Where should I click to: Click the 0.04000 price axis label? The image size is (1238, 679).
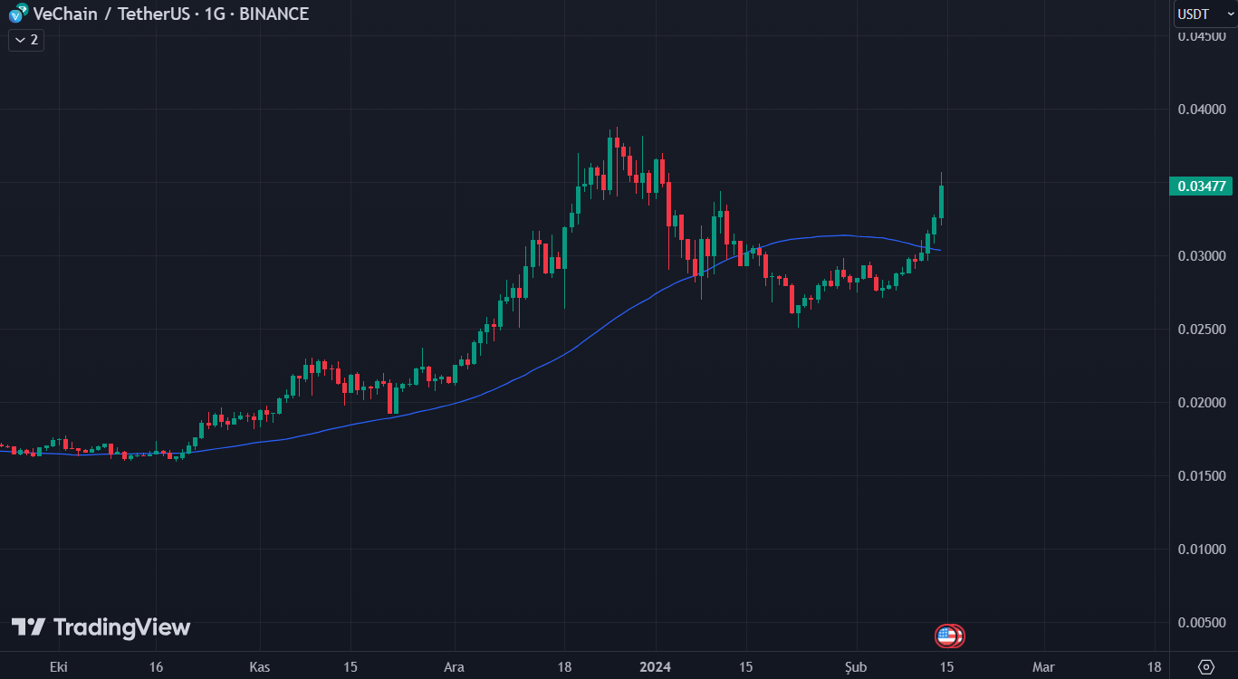[x=1202, y=110]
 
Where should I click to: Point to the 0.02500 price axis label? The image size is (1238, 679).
[x=1202, y=329]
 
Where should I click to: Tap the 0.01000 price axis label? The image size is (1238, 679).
[x=1202, y=549]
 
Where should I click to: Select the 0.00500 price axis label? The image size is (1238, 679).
[x=1202, y=622]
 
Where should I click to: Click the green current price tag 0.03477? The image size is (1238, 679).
[x=1202, y=186]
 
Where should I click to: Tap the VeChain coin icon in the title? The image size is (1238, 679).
[x=17, y=14]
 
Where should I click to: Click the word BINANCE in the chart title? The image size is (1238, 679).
[x=274, y=14]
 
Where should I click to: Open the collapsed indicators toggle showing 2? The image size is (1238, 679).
[x=26, y=40]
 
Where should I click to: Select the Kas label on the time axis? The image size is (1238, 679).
[x=259, y=667]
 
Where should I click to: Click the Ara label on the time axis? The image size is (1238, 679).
[x=454, y=667]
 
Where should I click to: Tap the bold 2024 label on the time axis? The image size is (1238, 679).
[x=655, y=667]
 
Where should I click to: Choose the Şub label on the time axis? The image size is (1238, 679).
[x=857, y=667]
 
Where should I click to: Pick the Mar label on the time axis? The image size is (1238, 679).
[x=1043, y=667]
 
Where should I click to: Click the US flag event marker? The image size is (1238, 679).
[x=947, y=636]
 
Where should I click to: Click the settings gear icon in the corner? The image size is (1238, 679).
[x=1205, y=667]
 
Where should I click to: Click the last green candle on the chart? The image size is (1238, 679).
[x=942, y=202]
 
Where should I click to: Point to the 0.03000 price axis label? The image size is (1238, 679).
[x=1202, y=256]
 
